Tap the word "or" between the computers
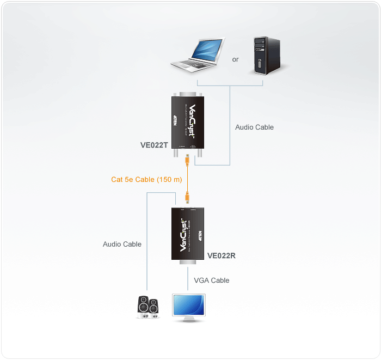point(235,59)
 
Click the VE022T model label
point(155,146)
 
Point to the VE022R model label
point(222,255)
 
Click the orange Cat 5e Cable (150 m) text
point(146,179)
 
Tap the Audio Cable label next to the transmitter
point(254,127)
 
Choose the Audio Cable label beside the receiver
point(122,245)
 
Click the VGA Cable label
point(212,280)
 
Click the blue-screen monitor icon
point(188,308)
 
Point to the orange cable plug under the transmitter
point(187,159)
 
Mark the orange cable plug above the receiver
point(187,197)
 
